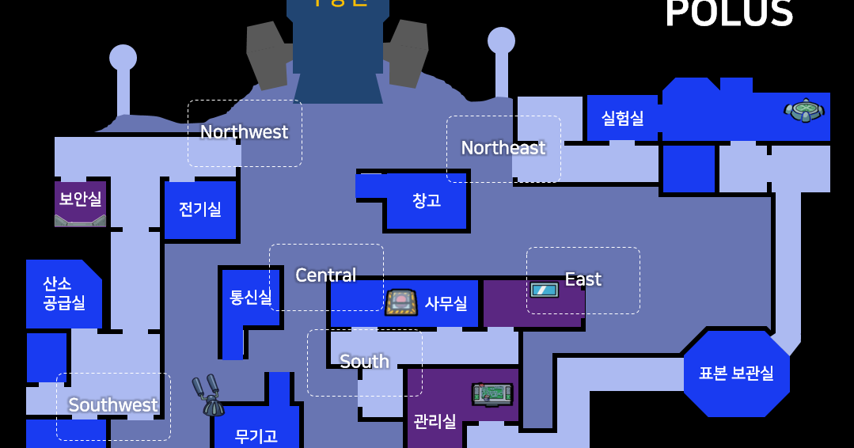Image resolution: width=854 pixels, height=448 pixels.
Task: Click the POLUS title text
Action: (x=729, y=13)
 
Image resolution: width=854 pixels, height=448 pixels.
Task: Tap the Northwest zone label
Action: (x=244, y=132)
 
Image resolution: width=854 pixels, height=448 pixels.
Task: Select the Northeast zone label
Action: (x=503, y=148)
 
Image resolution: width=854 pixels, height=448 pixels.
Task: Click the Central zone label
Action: (x=325, y=275)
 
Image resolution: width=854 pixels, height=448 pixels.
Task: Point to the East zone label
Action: (x=583, y=279)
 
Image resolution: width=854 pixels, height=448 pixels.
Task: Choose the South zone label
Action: (x=364, y=362)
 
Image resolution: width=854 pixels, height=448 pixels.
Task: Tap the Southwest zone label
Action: (x=113, y=405)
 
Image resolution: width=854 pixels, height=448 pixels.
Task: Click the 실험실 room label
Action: (x=623, y=118)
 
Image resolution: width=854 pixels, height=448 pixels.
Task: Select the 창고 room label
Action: (x=427, y=201)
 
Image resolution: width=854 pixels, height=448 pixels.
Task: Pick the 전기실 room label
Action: (x=200, y=210)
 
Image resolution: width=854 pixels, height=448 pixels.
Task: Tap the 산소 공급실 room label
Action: (x=64, y=293)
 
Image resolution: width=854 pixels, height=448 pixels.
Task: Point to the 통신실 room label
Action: (x=250, y=298)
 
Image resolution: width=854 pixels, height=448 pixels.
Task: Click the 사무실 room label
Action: (x=446, y=303)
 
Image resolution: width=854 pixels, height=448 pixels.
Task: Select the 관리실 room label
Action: (x=435, y=421)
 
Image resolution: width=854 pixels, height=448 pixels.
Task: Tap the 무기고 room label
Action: (x=256, y=436)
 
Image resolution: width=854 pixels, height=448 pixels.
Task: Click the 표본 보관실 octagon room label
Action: (x=736, y=374)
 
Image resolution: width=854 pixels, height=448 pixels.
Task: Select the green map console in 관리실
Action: (x=492, y=393)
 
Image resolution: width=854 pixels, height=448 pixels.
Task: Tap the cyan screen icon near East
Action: (x=545, y=290)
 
